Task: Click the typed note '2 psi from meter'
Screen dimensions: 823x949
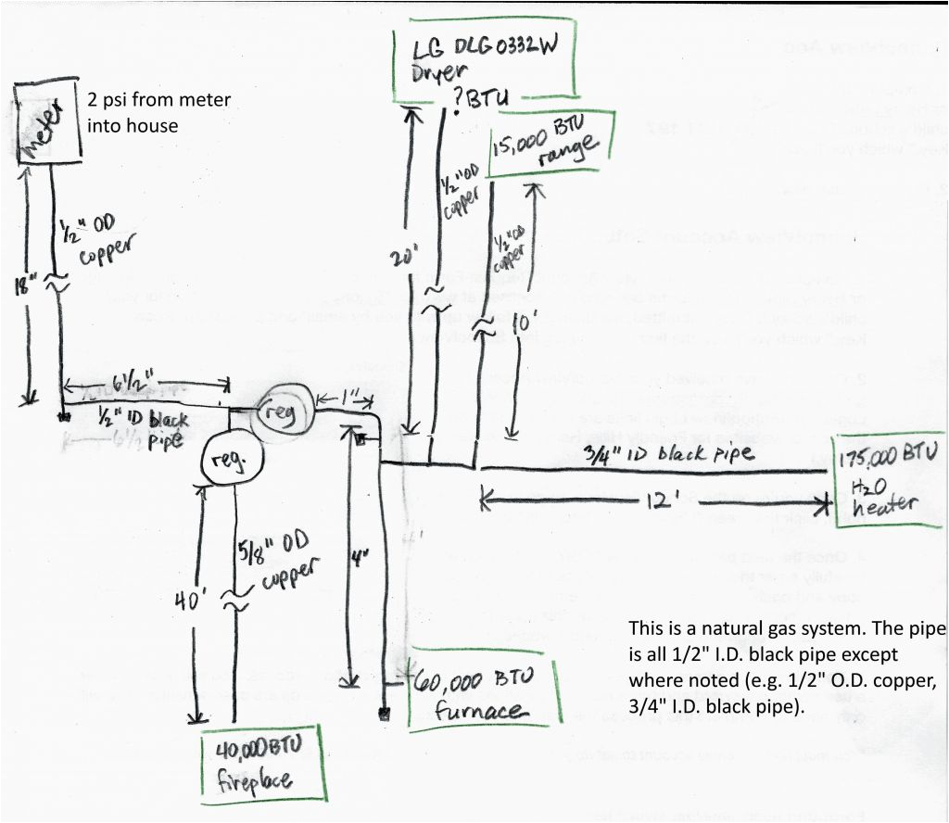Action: [158, 112]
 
